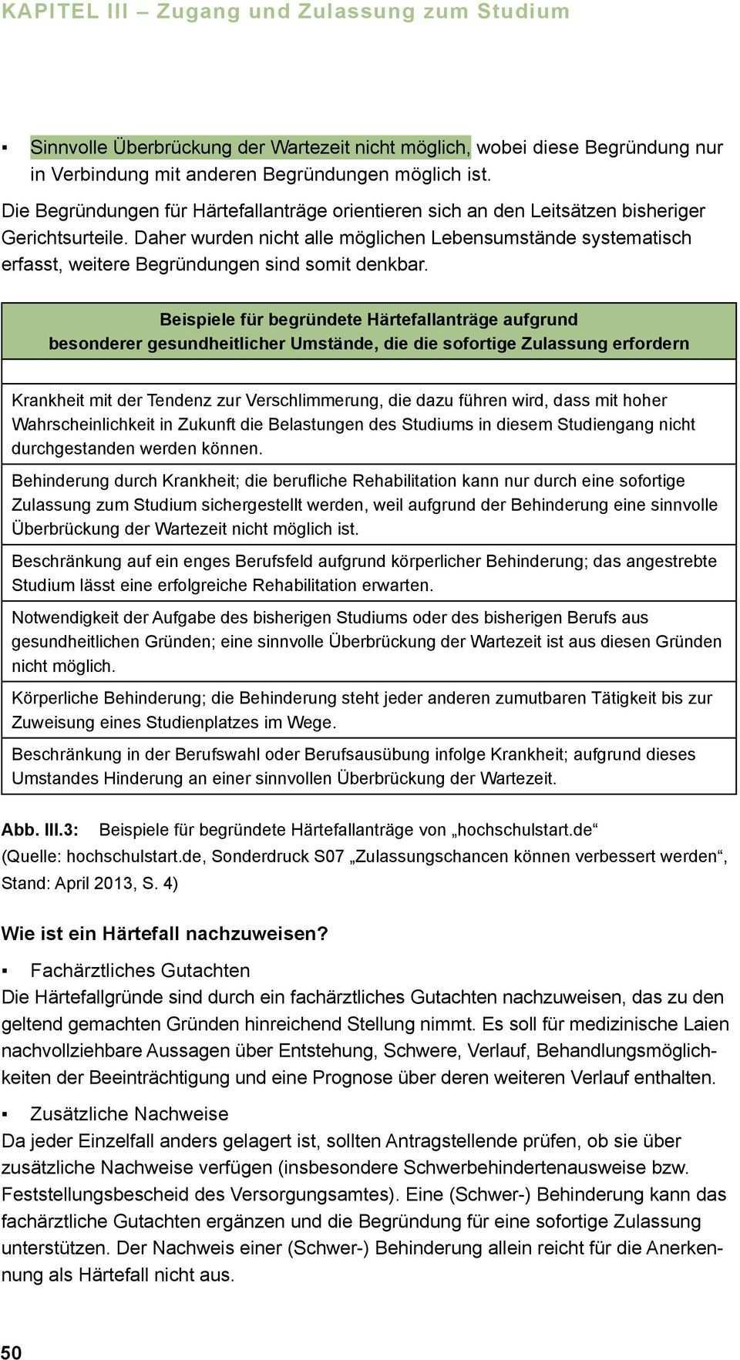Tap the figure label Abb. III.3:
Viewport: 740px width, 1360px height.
(x=40, y=830)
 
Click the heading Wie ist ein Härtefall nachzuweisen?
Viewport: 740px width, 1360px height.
(x=164, y=933)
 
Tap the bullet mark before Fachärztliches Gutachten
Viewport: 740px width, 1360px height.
(x=5, y=971)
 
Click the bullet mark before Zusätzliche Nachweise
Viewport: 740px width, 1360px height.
(x=5, y=1114)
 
